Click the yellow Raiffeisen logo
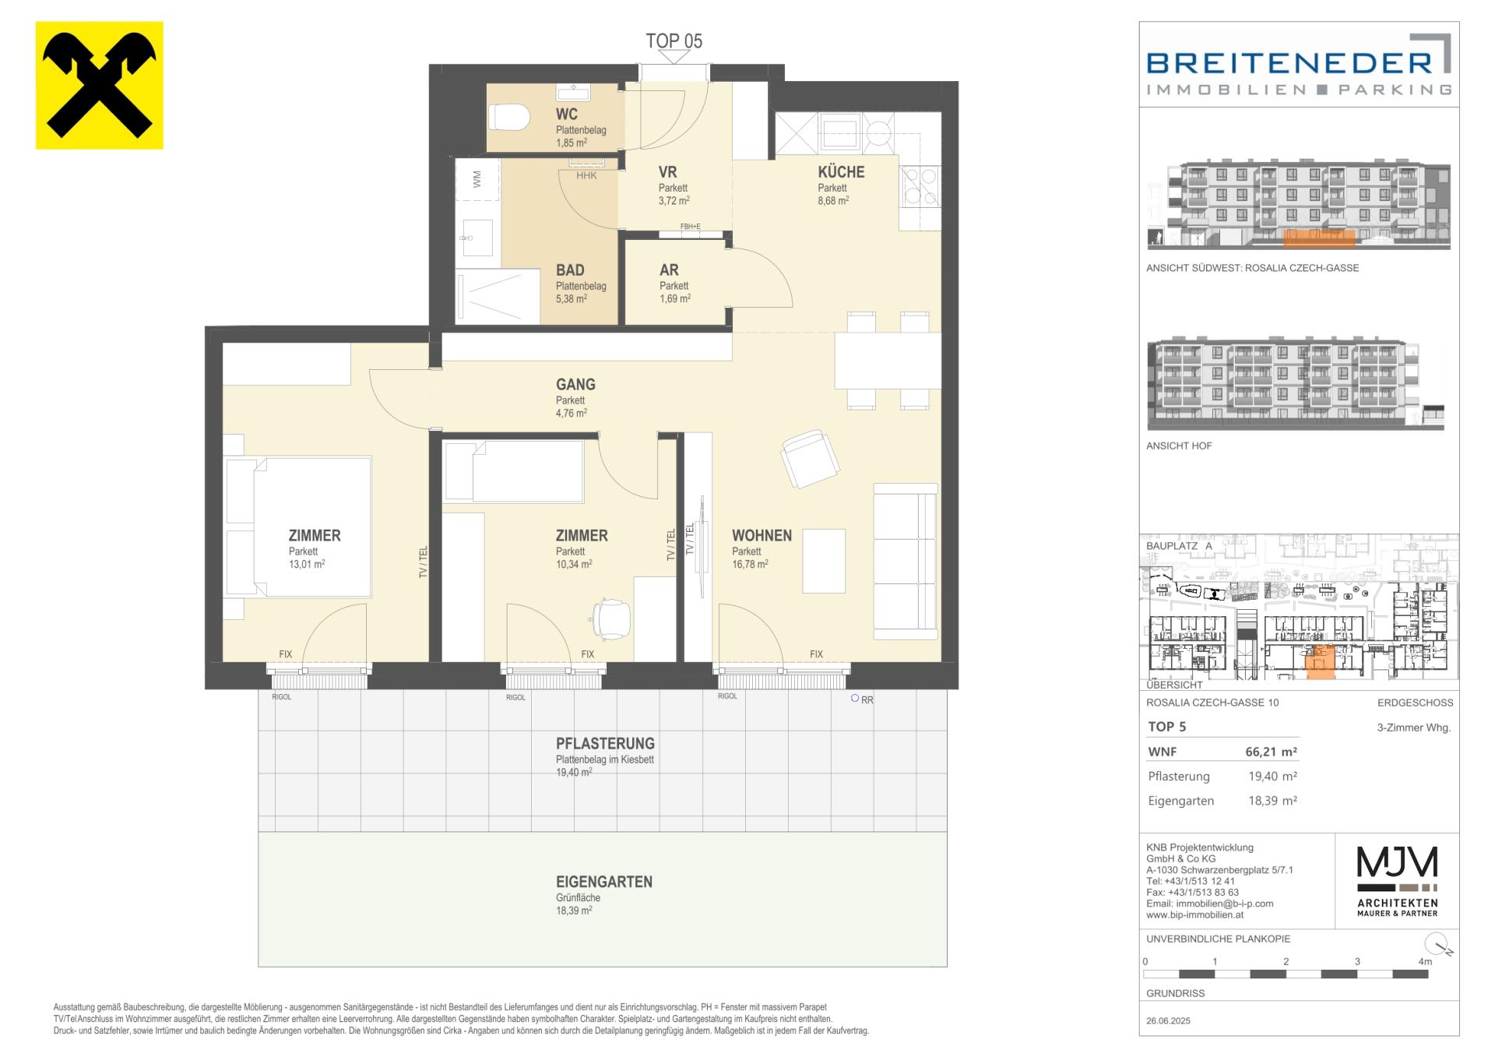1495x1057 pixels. (x=100, y=86)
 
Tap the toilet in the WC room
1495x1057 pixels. (x=509, y=118)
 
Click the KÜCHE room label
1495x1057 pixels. (x=841, y=172)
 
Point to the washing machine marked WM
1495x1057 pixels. (x=477, y=179)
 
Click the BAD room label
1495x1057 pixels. (x=570, y=270)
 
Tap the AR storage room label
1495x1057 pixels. (x=669, y=270)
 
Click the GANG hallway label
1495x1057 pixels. (x=575, y=384)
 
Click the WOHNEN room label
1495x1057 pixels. (x=762, y=536)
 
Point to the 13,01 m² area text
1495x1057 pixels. (x=307, y=564)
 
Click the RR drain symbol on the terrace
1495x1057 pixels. (x=862, y=699)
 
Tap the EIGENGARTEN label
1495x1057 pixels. (x=604, y=882)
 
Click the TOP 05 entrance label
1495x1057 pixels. (x=674, y=41)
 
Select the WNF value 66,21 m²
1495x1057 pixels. (x=1272, y=752)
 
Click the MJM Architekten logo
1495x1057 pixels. (x=1398, y=882)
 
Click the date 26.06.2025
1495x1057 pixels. (x=1169, y=1021)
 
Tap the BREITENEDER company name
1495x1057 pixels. (x=1289, y=62)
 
